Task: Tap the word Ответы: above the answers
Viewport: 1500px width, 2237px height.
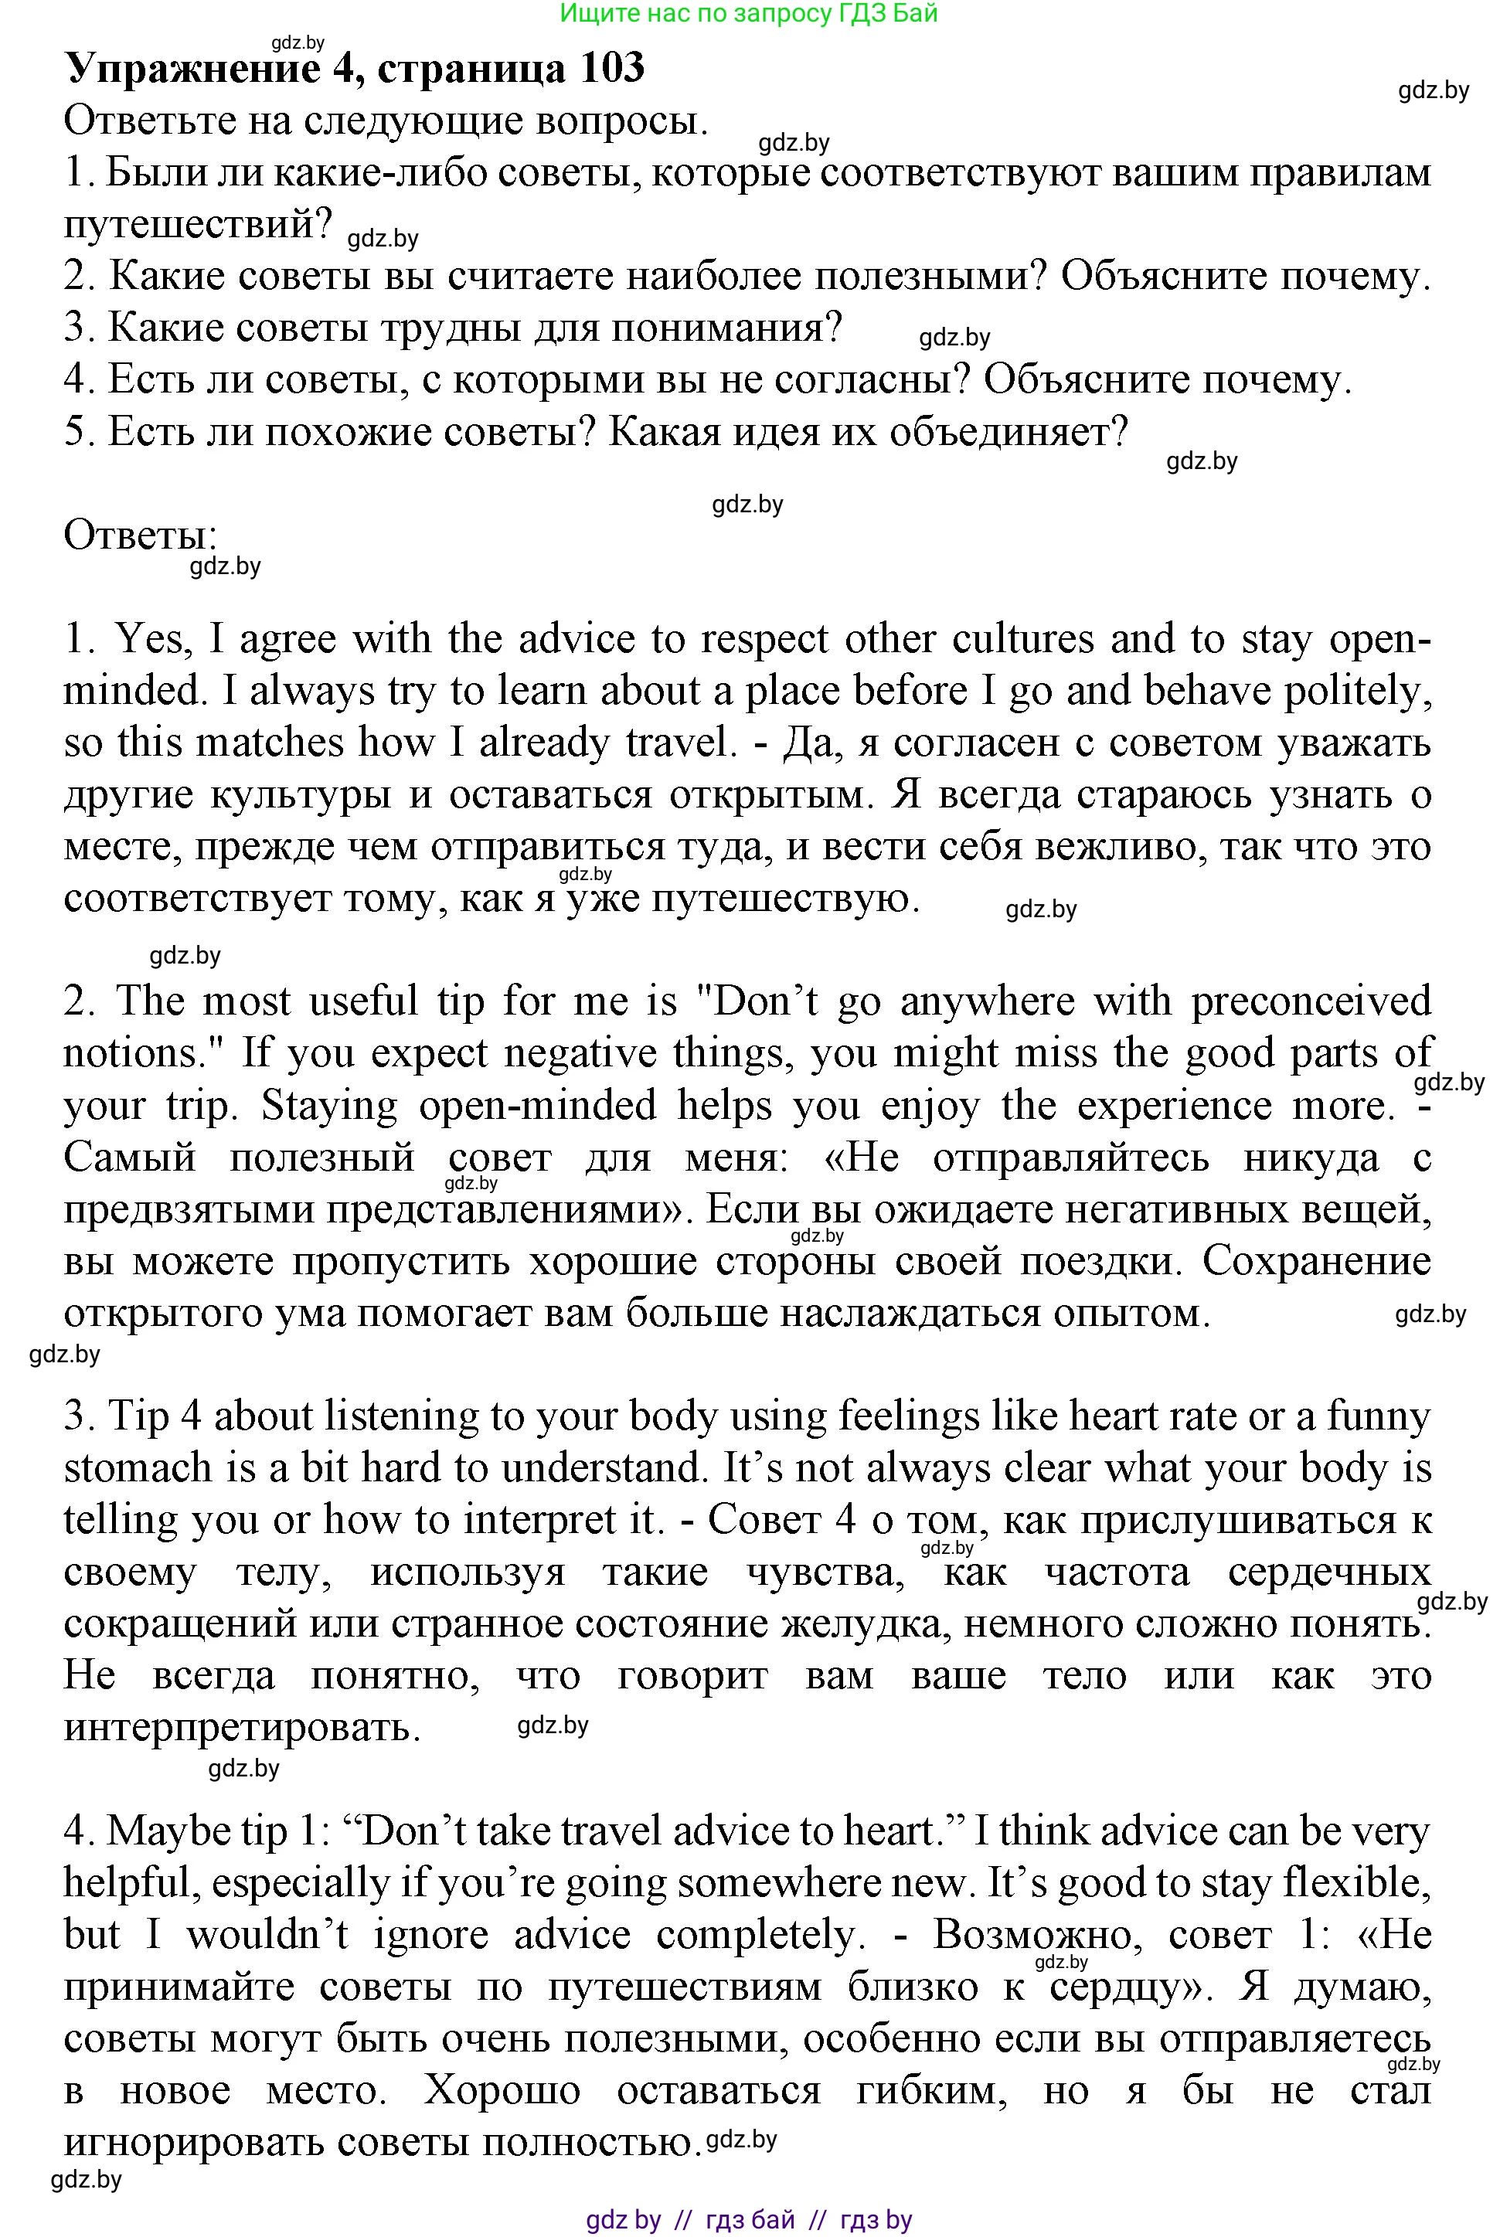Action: pos(141,535)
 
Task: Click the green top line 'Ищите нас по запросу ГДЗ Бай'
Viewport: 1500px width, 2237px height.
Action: pos(749,13)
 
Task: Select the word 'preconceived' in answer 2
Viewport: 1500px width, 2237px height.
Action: pos(1311,1001)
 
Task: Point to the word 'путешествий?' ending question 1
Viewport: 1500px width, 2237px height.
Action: pos(198,226)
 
